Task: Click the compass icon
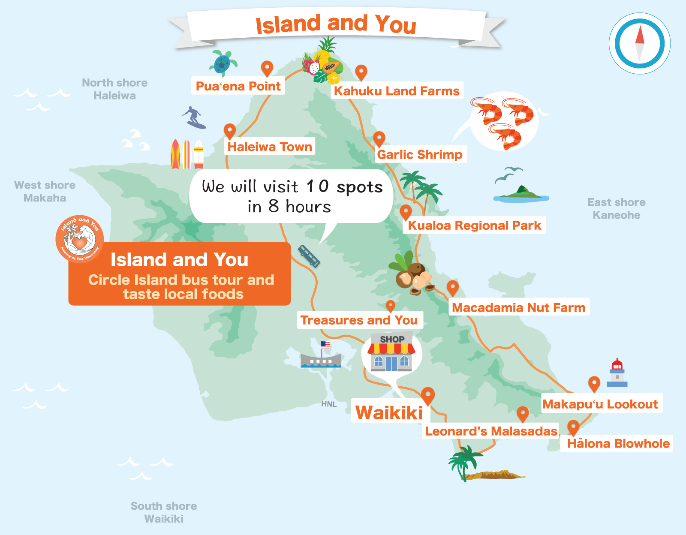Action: click(640, 44)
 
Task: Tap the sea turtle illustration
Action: click(223, 63)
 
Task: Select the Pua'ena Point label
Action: click(238, 86)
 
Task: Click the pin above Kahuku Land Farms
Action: click(361, 72)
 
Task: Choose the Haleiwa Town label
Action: click(269, 147)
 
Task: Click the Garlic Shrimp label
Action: click(419, 154)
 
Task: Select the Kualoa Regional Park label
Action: click(474, 225)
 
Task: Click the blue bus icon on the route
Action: click(309, 256)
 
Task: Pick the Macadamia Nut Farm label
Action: click(518, 307)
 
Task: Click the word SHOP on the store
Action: click(392, 339)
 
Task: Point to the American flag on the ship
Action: click(325, 345)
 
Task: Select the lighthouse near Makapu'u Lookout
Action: click(617, 373)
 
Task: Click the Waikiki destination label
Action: click(389, 412)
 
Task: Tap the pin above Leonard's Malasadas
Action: click(522, 414)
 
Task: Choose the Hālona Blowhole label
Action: click(618, 444)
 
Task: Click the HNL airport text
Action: click(329, 404)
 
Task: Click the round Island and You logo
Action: click(80, 239)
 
